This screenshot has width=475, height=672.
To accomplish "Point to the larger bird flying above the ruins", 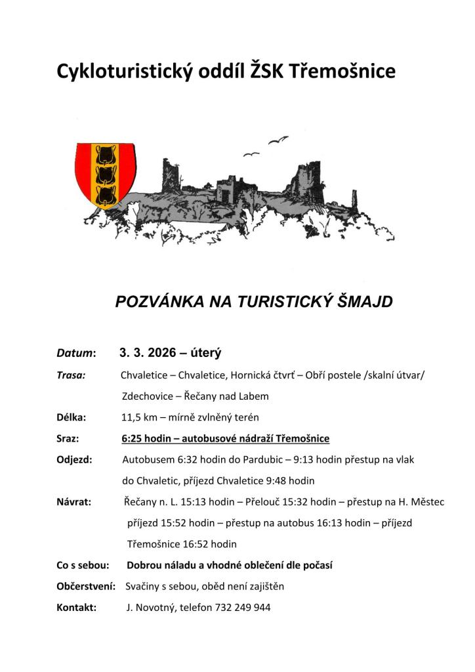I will click(x=278, y=139).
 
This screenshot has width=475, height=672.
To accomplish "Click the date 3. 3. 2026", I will click(x=148, y=353).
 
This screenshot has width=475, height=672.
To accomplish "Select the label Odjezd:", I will click(x=75, y=459).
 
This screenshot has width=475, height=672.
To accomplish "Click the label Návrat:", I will click(x=74, y=502).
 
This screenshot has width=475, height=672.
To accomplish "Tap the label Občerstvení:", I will click(x=87, y=586).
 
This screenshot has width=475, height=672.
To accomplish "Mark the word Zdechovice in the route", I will click(x=145, y=396).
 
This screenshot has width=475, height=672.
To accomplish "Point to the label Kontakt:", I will click(x=77, y=608).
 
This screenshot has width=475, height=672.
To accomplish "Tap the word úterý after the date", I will click(x=205, y=353).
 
